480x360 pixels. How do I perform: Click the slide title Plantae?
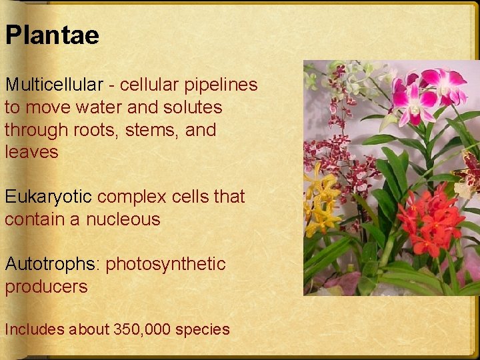pyautogui.click(x=52, y=35)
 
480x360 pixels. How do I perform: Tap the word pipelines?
pyautogui.click(x=221, y=85)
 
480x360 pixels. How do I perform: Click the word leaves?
pyautogui.click(x=31, y=152)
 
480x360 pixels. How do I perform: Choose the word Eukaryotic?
pyautogui.click(x=49, y=197)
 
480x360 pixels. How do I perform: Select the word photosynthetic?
pyautogui.click(x=166, y=264)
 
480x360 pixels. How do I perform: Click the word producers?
pyautogui.click(x=46, y=287)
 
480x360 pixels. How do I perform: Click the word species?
pyautogui.click(x=206, y=329)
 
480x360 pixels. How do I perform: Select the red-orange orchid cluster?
pyautogui.click(x=430, y=217)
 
